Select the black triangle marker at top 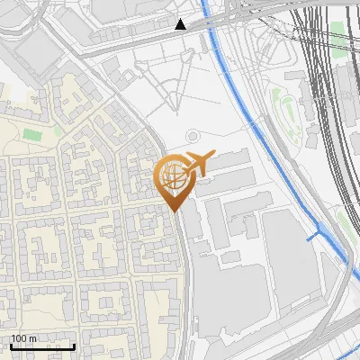(x=181, y=24)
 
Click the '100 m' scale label (x=24, y=338)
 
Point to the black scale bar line (x=42, y=346)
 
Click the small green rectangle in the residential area (x=32, y=135)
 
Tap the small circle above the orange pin (x=192, y=136)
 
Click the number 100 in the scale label (x=20, y=338)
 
